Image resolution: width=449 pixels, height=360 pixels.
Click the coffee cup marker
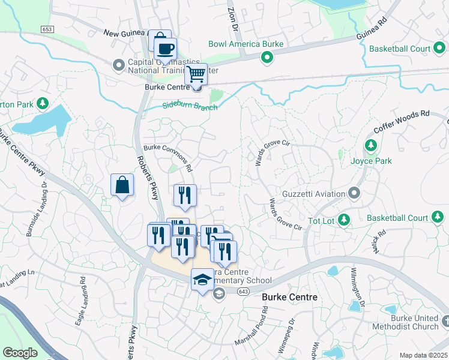pyautogui.click(x=165, y=49)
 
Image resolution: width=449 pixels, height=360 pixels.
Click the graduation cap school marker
pyautogui.click(x=203, y=280)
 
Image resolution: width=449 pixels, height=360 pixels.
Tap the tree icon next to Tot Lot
pyautogui.click(x=345, y=220)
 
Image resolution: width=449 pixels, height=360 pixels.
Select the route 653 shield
pyautogui.click(x=47, y=29)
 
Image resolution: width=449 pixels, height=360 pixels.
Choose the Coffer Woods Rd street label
pyautogui.click(x=402, y=122)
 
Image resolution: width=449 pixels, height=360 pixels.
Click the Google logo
pyautogui.click(x=20, y=353)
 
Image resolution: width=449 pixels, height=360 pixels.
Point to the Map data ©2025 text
pyautogui.click(x=423, y=355)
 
